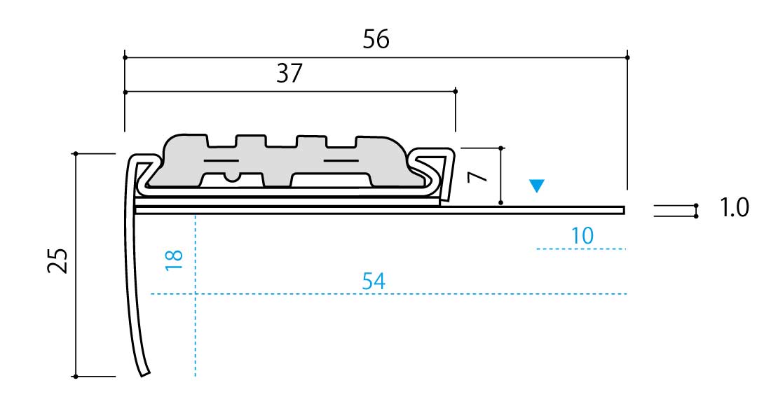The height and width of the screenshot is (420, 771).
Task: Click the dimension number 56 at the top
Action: click(x=376, y=38)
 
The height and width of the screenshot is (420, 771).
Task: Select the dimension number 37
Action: click(x=289, y=73)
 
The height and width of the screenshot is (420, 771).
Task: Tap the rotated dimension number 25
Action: click(x=58, y=260)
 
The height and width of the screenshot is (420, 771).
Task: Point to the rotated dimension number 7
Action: click(x=477, y=176)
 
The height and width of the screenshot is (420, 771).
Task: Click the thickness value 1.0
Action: click(x=734, y=208)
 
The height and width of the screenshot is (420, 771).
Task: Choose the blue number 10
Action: click(x=582, y=237)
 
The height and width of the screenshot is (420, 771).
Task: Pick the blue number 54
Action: click(x=374, y=281)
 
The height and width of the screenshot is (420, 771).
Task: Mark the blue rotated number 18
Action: click(x=174, y=260)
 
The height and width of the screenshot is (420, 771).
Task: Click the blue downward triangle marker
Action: click(x=536, y=185)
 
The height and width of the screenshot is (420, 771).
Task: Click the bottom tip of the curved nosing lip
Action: click(x=145, y=374)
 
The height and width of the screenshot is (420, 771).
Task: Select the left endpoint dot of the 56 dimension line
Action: click(x=125, y=57)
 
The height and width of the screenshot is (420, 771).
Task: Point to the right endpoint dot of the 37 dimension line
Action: click(x=456, y=92)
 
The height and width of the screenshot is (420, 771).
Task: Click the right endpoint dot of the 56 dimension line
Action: click(x=627, y=57)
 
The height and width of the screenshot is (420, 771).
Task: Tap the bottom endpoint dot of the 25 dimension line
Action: click(x=76, y=377)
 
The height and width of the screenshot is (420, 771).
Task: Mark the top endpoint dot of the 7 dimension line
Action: click(x=501, y=148)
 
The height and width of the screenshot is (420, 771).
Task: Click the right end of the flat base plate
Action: click(x=624, y=211)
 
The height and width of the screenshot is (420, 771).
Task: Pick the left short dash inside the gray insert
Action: click(x=221, y=160)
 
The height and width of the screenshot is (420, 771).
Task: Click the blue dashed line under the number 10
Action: click(x=581, y=249)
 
